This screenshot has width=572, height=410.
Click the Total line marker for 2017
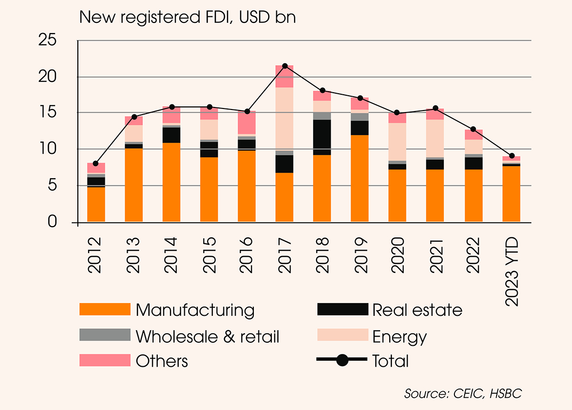pos(284,66)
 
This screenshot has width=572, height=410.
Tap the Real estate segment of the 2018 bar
pos(322,137)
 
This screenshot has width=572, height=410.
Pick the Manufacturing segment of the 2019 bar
pos(360,178)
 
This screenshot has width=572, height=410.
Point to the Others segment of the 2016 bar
pos(247,122)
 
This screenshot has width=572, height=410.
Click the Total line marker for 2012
pos(96,163)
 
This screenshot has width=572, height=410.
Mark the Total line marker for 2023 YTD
pos(511,155)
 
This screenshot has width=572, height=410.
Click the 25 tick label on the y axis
pos(49,41)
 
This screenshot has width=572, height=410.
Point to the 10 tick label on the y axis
pos(49,149)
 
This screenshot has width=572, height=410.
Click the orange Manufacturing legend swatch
pos(105,309)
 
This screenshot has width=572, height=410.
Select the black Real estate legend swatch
pos(342,309)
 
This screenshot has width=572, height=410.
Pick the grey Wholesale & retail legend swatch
pos(105,335)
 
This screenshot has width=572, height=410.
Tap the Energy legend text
pos(399,337)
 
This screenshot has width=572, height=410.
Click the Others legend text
pos(162,361)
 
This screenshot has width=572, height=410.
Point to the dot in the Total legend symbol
pos(342,360)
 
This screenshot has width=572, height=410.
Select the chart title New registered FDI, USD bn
pos(187,17)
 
